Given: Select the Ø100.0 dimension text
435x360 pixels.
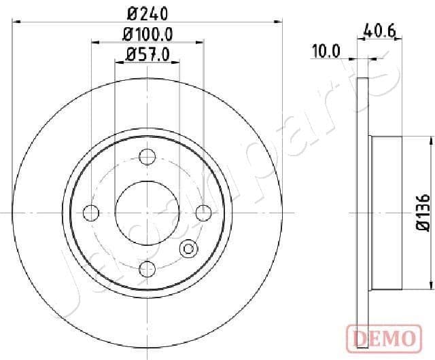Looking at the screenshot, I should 147,33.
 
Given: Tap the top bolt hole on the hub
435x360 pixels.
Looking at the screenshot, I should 147,157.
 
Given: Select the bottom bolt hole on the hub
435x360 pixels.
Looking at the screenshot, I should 147,270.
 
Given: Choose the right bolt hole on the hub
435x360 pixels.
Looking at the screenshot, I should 203,213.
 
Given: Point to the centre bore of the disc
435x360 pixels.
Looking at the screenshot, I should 147,213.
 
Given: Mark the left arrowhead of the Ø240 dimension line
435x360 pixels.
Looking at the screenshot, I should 17,22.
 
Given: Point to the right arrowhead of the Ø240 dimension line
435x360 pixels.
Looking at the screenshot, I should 278,22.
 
